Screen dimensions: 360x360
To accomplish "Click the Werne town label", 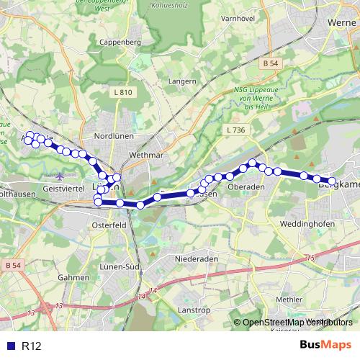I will pyautogui.click(x=338, y=22).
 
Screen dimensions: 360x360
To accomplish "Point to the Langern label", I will pyautogui.click(x=181, y=81).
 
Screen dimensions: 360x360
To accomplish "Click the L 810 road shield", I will pyautogui.click(x=123, y=92).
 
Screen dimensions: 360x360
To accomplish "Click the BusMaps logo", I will pyautogui.click(x=325, y=346).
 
